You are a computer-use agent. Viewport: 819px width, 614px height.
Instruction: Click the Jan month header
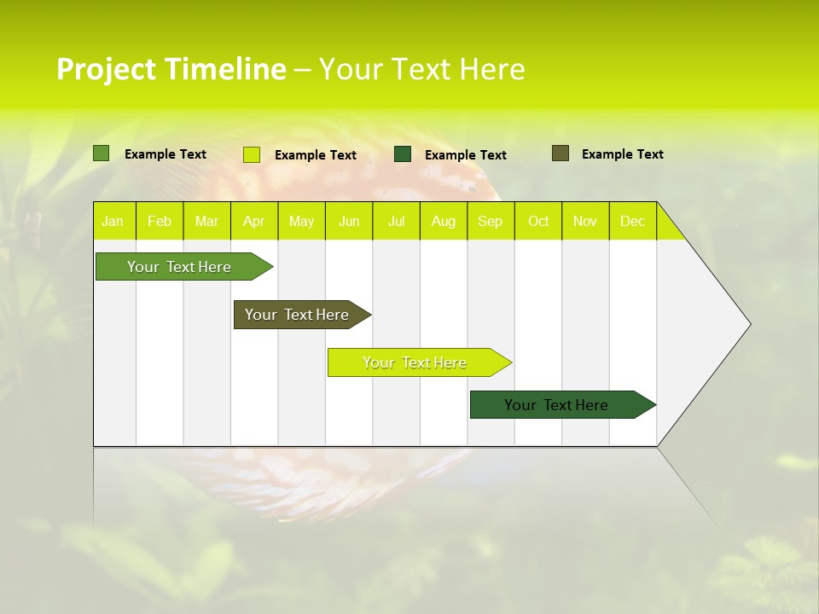[x=113, y=221]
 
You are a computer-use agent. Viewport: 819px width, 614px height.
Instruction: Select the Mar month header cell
[x=206, y=221]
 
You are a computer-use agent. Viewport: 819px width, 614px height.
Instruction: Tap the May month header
[x=301, y=221]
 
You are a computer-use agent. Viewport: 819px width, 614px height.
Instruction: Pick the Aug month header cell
[x=443, y=221]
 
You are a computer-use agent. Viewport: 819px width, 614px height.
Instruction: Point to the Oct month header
[x=538, y=221]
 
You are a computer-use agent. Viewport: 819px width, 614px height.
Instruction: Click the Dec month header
[x=632, y=221]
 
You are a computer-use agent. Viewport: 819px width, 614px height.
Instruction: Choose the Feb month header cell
[x=160, y=221]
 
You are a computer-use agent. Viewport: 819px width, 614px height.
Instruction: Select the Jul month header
[x=396, y=221]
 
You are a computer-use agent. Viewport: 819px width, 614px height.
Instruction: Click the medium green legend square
[x=102, y=153]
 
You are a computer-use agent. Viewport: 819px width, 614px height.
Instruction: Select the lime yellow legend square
[x=252, y=154]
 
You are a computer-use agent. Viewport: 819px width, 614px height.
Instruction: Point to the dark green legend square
[x=403, y=154]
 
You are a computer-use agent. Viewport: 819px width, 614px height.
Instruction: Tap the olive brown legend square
[x=561, y=153]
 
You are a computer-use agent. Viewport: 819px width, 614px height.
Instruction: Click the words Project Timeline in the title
[x=171, y=69]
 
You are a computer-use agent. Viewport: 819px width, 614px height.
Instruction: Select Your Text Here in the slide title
[x=421, y=69]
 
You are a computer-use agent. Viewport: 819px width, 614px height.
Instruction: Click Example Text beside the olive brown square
[x=622, y=154]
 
